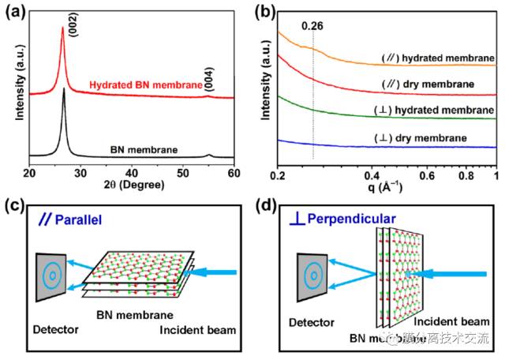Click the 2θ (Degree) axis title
131,184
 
